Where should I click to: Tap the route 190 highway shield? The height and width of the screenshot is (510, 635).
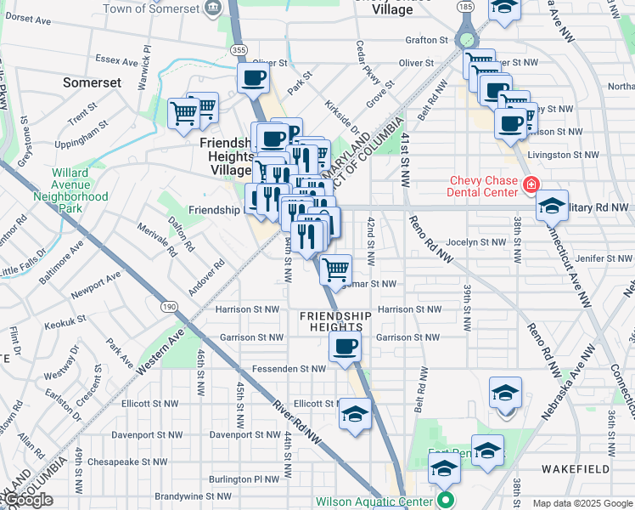167,305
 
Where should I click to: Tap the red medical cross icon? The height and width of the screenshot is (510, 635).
531,184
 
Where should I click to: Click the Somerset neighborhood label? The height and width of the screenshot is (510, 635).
92,83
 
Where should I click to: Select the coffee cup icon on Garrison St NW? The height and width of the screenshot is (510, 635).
345,346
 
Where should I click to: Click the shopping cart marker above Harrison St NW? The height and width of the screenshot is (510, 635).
336,269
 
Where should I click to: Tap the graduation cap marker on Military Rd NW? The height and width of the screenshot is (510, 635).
551,205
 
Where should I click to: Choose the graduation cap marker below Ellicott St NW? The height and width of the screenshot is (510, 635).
356,414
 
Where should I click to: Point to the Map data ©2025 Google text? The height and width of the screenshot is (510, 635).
582,503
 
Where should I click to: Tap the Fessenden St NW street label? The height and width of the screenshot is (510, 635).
289,369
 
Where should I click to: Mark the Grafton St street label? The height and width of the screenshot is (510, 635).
426,40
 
